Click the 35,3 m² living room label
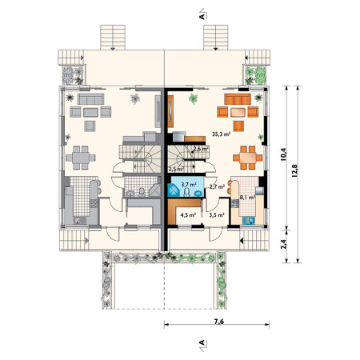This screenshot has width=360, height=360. point(221,134)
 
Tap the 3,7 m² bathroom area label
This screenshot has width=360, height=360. point(189,184)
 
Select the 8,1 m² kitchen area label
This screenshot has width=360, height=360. point(247,198)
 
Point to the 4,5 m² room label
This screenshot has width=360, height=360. point(188,214)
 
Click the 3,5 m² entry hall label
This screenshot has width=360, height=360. point(216,214)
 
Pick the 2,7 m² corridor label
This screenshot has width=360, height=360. point(217,187)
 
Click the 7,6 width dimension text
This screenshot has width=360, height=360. point(218,322)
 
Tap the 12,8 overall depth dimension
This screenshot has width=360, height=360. point(294,170)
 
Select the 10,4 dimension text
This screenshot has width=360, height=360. point(283,154)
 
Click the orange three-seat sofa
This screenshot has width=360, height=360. point(238,99)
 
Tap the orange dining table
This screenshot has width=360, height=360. point(248,158)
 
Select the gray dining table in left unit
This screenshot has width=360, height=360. point(81,158)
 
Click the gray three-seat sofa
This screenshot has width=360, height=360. point(90,99)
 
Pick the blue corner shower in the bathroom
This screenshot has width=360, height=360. point(173,190)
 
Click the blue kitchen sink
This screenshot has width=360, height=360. point(249,220)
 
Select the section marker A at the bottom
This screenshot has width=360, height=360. point(202,342)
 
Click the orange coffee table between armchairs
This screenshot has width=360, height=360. point(238,112)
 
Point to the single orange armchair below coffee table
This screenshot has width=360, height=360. point(238,126)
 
